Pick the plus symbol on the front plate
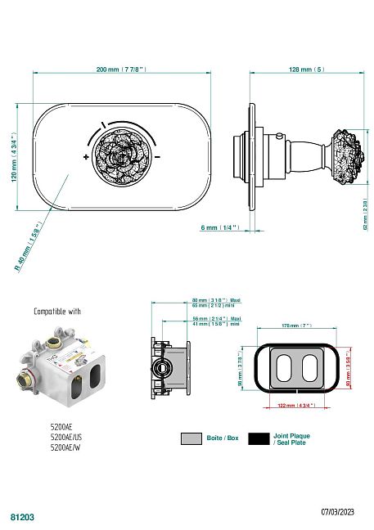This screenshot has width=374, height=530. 86,155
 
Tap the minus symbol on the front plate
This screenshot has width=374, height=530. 157,155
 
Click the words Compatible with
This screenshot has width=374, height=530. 57,312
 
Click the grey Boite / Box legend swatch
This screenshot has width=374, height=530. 192,438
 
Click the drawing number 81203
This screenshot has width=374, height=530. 21,518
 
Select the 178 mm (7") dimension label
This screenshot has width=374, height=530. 297,326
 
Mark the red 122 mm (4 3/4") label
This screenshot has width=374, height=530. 296,406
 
